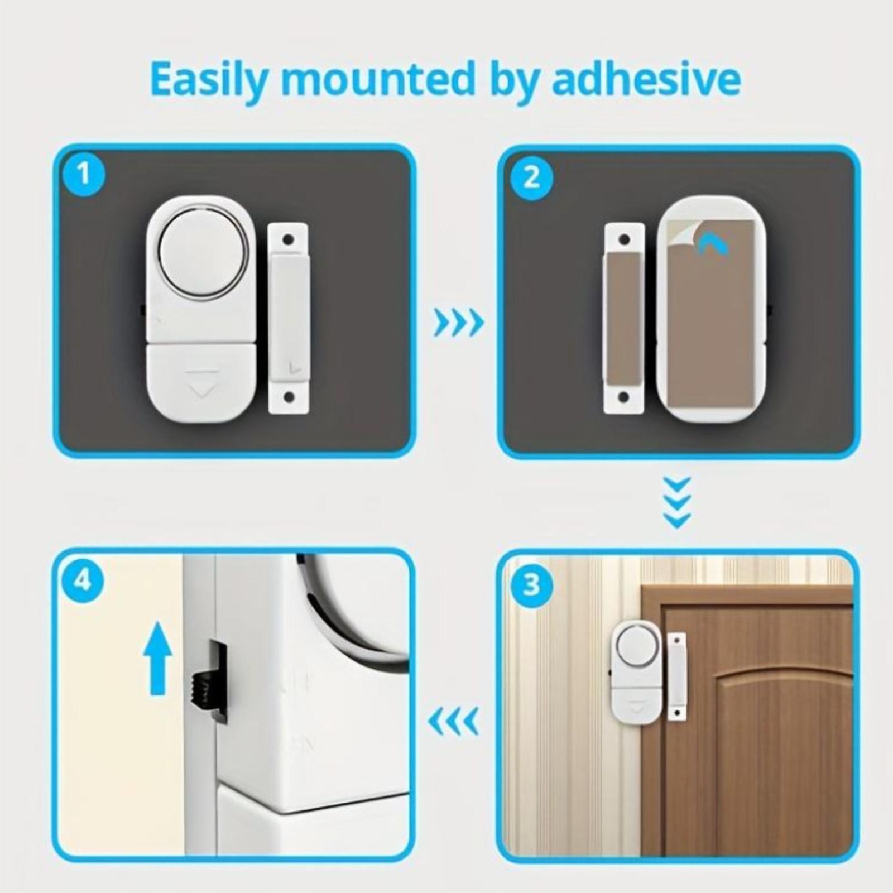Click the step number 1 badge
[x=83, y=174]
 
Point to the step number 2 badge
[x=531, y=178]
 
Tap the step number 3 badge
[x=531, y=584]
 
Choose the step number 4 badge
[x=83, y=581]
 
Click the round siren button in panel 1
[x=203, y=253]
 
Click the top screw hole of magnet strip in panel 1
[x=288, y=240]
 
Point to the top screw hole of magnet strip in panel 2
[x=625, y=240]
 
